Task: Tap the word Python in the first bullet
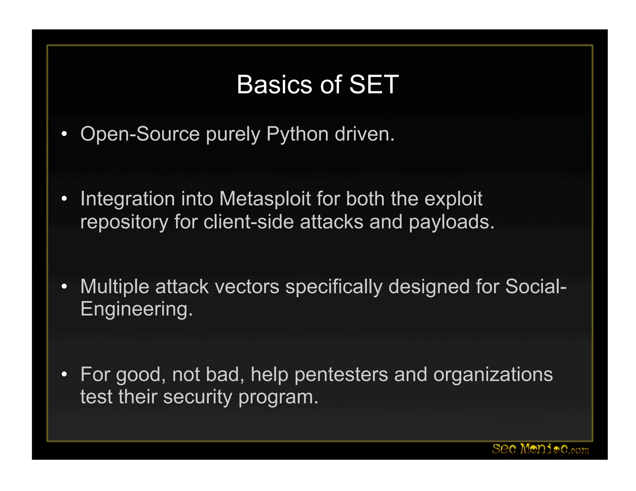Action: pos(297,135)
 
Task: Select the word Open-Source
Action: pos(140,135)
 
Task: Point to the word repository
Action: pos(124,223)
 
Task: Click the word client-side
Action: pos(248,222)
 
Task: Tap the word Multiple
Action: pos(115,287)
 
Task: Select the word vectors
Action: pos(247,286)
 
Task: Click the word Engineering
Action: pos(136,309)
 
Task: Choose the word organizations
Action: pos(493,375)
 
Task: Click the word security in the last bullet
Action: pos(198,397)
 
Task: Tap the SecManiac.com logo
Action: pos(540,449)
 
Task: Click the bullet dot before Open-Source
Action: pos(64,134)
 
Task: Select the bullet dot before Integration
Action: pos(64,198)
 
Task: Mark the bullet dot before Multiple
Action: pos(64,286)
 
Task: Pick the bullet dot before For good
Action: pos(64,374)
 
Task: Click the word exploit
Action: pos(453,199)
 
